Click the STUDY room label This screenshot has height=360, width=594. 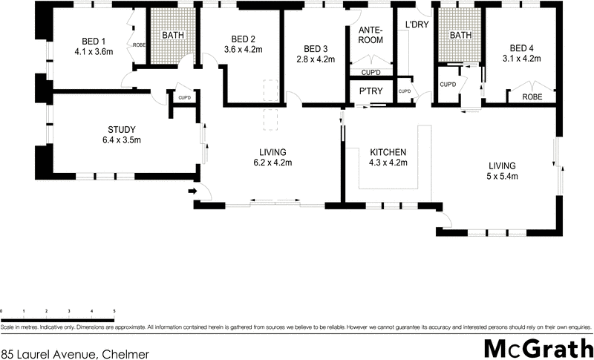pos(121,129)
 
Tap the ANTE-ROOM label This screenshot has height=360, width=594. pos(371,35)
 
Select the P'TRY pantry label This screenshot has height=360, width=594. pos(371,91)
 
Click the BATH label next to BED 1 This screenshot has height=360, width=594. pos(174,35)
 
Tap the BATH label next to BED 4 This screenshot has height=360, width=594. pos(460,35)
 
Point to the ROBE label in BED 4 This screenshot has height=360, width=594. pos(532,96)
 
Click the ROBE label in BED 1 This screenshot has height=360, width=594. pos(139,45)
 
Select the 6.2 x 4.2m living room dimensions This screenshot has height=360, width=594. pos(272,163)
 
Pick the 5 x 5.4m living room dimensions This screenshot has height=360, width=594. pos(503,176)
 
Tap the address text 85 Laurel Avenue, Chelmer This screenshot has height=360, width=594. pos(75,354)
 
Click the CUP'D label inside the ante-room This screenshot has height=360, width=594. pos(371,72)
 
